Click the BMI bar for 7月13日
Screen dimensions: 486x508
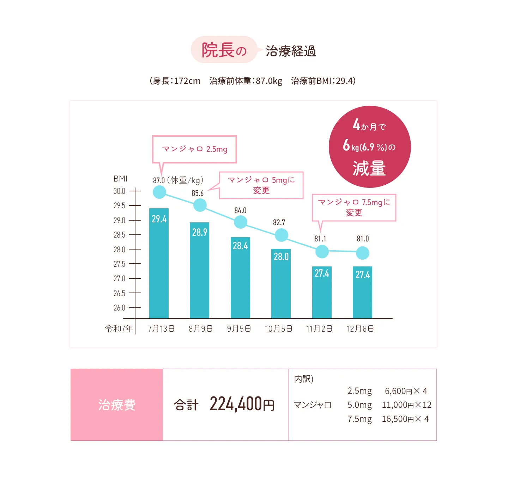[x=159, y=263]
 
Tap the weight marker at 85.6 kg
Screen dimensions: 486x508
[x=200, y=205]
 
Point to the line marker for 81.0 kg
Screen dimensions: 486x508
[x=363, y=253]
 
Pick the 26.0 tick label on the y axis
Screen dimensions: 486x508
[x=120, y=308]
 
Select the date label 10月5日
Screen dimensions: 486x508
[x=279, y=329]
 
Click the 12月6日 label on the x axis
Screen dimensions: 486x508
[x=360, y=329]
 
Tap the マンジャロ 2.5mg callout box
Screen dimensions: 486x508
[x=194, y=149]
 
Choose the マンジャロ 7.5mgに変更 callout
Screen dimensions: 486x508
[x=354, y=207]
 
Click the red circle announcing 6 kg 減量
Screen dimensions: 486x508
[x=370, y=147]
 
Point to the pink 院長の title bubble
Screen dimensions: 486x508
[x=224, y=50]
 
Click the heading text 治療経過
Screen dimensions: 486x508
[x=291, y=51]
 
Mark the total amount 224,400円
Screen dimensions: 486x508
[x=242, y=404]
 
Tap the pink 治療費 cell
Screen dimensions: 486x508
[x=117, y=405]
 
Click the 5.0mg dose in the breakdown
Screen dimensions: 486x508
[x=359, y=405]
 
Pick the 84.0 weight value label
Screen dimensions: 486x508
[x=240, y=210]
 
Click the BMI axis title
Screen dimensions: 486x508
[x=120, y=179]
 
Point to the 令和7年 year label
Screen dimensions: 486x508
[x=119, y=329]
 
